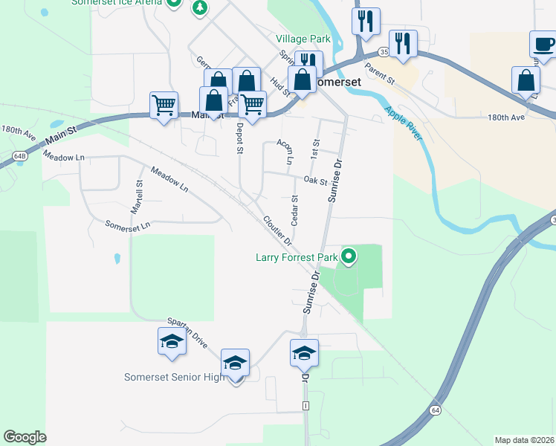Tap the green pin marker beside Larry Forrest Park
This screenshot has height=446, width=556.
click(x=347, y=257)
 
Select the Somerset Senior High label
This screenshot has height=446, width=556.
click(x=174, y=377)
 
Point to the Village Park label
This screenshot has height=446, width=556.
click(x=303, y=38)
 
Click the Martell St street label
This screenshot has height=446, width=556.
click(x=138, y=196)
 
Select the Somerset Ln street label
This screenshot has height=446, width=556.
click(x=128, y=224)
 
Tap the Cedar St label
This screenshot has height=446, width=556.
click(x=295, y=210)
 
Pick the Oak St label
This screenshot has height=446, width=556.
click(x=315, y=181)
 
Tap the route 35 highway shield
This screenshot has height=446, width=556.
click(x=383, y=52)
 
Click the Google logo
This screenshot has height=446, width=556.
click(x=25, y=437)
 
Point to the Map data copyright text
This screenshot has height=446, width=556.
click(x=524, y=440)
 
